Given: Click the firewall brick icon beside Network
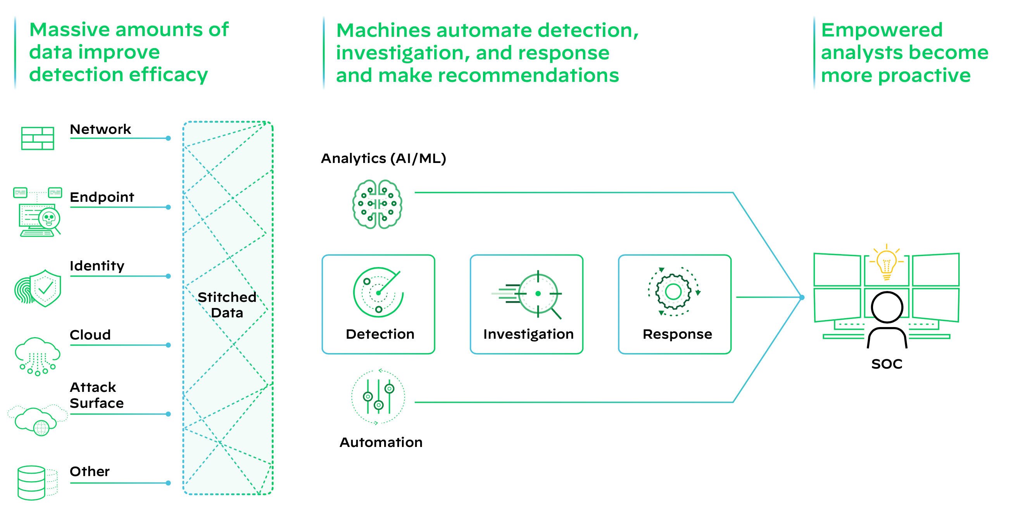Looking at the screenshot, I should click(x=37, y=138).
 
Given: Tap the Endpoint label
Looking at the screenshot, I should click(x=102, y=197).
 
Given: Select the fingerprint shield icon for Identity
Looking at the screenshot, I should click(x=38, y=288).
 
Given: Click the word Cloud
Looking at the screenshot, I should click(x=90, y=335).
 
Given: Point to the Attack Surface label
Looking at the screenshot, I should click(x=97, y=395).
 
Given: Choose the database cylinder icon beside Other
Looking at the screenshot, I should click(x=32, y=483).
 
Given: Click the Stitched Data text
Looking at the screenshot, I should click(x=227, y=305).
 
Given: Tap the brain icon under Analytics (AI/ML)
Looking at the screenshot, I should click(x=377, y=204).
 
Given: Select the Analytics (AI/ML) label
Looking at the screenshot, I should click(x=383, y=158).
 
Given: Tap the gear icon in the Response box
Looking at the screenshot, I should click(x=673, y=291).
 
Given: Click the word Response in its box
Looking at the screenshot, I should click(x=677, y=334).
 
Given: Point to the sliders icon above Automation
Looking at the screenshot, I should click(x=378, y=397).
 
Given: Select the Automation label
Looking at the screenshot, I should click(x=381, y=442).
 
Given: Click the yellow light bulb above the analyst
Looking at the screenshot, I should click(x=886, y=262).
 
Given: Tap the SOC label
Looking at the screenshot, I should click(x=887, y=364).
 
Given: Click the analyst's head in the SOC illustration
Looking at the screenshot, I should click(x=887, y=307).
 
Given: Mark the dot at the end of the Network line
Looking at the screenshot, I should click(x=168, y=138).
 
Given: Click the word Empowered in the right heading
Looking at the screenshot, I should click(x=882, y=30).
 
